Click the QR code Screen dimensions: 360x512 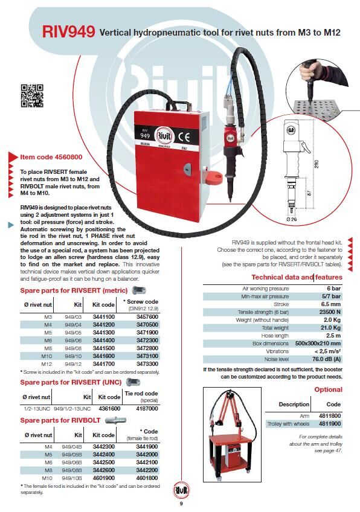(32, 95)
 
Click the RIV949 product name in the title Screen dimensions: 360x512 (69, 31)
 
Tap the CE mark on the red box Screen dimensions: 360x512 (184, 138)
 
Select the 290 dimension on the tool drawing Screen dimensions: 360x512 (316, 164)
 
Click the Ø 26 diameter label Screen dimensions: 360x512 (292, 219)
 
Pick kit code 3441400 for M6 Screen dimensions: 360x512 (103, 341)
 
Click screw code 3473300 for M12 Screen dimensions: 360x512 (147, 363)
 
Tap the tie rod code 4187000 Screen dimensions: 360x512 (147, 409)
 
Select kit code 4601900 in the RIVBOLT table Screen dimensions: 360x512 (103, 478)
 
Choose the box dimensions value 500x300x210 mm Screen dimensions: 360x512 (318, 344)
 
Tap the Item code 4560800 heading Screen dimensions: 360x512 (51, 157)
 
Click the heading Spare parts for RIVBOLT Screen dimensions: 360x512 (60, 420)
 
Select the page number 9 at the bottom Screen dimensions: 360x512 (181, 504)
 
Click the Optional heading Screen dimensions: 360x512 (329, 389)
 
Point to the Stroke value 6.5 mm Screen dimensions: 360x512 (331, 304)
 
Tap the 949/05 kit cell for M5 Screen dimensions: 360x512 (73, 333)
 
